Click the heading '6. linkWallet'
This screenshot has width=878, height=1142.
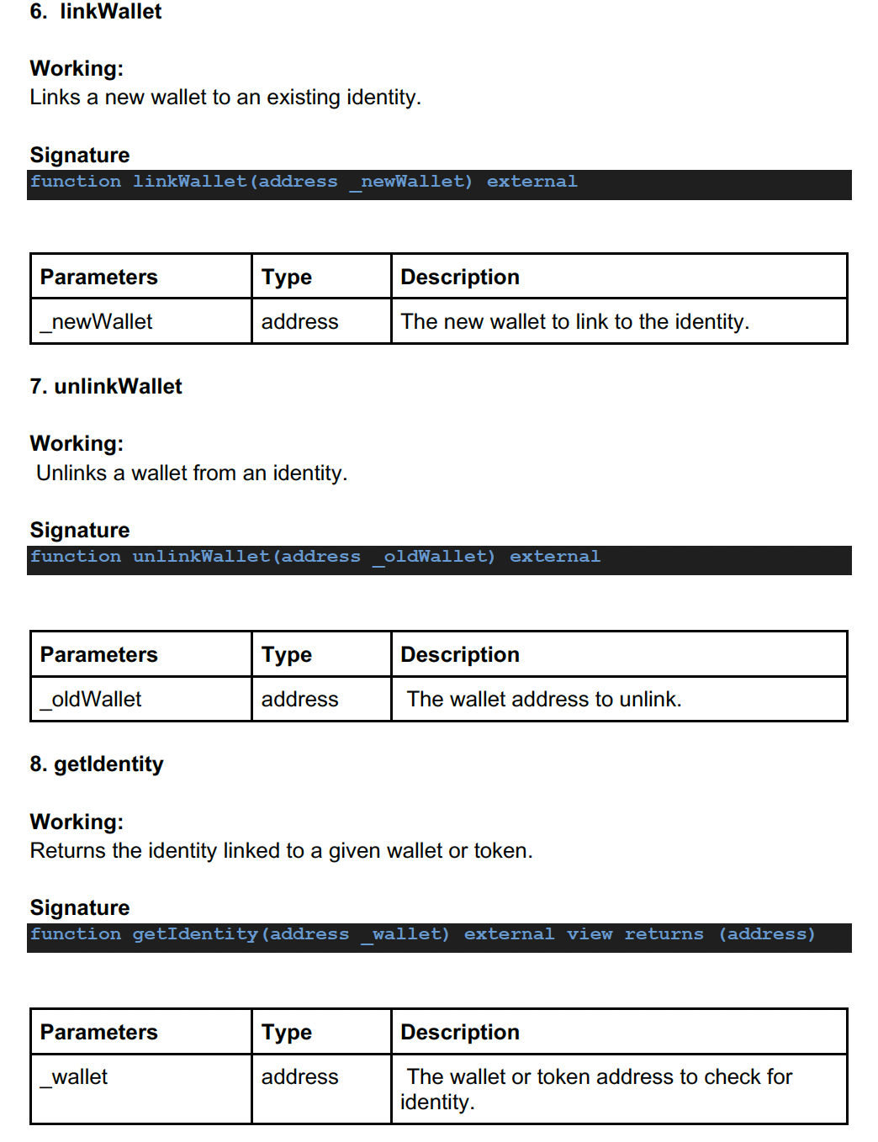pyautogui.click(x=96, y=12)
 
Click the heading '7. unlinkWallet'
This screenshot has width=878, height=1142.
pyautogui.click(x=106, y=386)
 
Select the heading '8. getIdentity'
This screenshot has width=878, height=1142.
pyautogui.click(x=97, y=764)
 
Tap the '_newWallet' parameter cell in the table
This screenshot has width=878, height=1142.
pyautogui.click(x=97, y=322)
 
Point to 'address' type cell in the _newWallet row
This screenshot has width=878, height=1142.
pyautogui.click(x=299, y=322)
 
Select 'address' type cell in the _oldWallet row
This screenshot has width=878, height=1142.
pyautogui.click(x=299, y=700)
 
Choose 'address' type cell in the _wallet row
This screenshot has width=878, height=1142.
pyautogui.click(x=299, y=1077)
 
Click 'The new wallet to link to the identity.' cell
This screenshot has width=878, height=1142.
pyautogui.click(x=574, y=322)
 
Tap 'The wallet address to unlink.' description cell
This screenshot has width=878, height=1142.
pyautogui.click(x=544, y=700)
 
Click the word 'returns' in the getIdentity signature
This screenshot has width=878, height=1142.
pyautogui.click(x=664, y=934)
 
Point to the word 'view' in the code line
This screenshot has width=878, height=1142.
pyautogui.click(x=589, y=934)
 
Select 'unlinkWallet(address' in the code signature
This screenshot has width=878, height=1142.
pyautogui.click(x=246, y=557)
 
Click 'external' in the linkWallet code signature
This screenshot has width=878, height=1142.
pyautogui.click(x=532, y=182)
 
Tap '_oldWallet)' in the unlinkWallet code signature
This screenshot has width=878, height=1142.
pyautogui.click(x=434, y=557)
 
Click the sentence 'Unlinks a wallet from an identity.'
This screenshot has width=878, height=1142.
pyautogui.click(x=192, y=473)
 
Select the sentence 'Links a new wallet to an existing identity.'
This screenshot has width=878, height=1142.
pyautogui.click(x=225, y=98)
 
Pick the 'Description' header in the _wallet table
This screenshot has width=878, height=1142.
pyautogui.click(x=460, y=1032)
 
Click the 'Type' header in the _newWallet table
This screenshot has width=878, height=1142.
pyautogui.click(x=287, y=278)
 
